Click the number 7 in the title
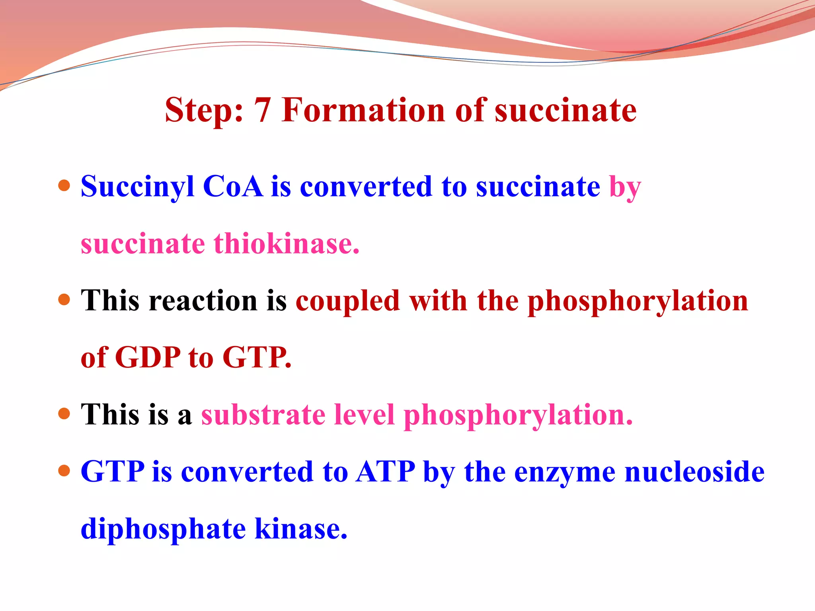pos(262,110)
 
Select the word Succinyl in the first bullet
pos(137,187)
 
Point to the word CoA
pos(233,187)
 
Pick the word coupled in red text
pos(347,301)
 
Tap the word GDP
pos(148,357)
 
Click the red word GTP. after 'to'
pos(257,357)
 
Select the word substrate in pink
pos(263,415)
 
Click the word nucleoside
pos(694,472)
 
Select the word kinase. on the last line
pos(301,529)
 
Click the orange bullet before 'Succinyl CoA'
pos(64,185)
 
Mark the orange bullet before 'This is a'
pos(64,414)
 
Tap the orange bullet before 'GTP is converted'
pos(64,471)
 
